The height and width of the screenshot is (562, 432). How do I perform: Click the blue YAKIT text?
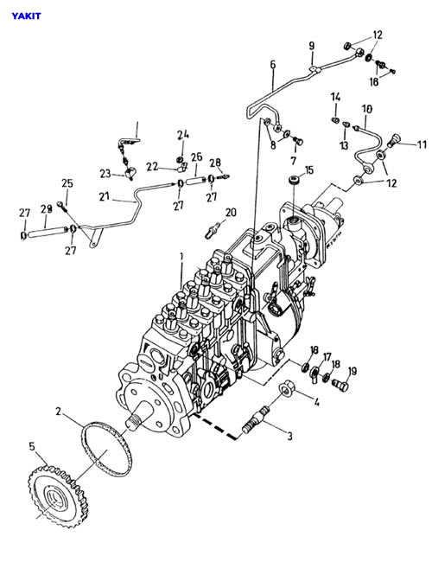[26, 16]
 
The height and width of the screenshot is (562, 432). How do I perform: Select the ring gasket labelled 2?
[107, 449]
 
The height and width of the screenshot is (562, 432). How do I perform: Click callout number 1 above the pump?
[181, 257]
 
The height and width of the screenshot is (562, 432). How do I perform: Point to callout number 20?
[231, 212]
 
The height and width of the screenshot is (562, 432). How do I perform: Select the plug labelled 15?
[295, 180]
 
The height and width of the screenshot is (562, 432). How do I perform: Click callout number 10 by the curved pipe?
[367, 109]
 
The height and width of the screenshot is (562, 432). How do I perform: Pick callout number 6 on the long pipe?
[273, 65]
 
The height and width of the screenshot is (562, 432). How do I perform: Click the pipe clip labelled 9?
[313, 69]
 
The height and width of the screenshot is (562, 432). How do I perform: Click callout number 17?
[327, 357]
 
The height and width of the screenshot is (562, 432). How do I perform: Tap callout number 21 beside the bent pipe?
[105, 197]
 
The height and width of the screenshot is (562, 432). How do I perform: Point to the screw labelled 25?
[63, 207]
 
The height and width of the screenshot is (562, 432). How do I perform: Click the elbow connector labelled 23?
[129, 174]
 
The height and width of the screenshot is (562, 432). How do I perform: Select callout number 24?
[182, 135]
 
